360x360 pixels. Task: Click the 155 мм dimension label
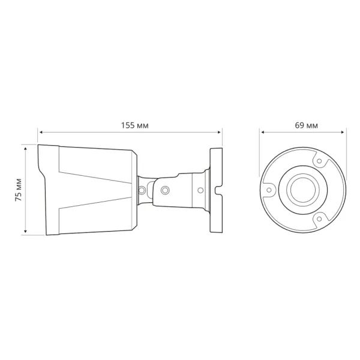pos(134,125)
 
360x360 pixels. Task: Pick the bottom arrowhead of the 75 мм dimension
pos(26,232)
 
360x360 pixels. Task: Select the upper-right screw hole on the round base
pos(320,161)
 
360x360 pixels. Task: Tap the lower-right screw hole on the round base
pos(320,220)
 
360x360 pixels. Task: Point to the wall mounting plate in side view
pos(215,190)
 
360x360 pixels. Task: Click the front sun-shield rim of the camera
pos(48,190)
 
